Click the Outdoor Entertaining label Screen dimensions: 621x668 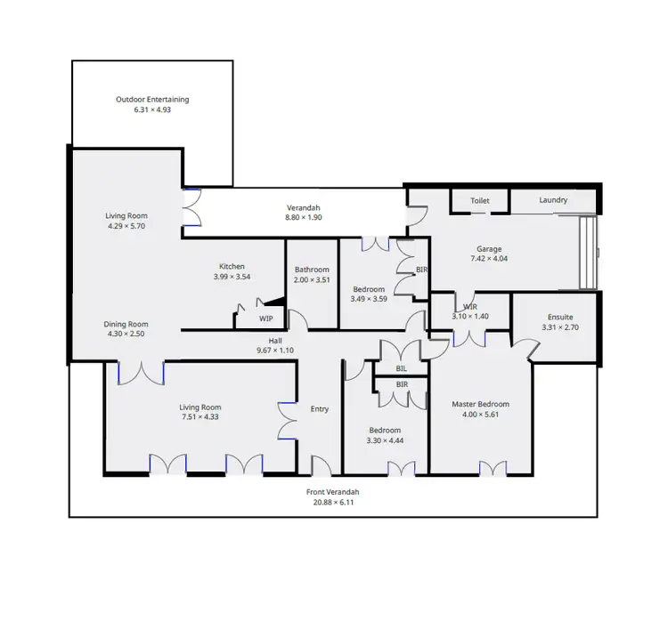152,100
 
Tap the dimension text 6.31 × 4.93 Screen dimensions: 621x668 152,110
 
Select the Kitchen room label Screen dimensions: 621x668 232,266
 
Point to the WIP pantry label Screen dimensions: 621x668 266,318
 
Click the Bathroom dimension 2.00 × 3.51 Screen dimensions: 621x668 312,280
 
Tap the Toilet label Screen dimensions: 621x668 480,201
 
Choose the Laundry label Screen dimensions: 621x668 553,200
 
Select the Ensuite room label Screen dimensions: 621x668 559,317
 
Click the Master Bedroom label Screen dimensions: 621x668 480,404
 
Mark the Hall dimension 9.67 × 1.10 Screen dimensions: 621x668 275,351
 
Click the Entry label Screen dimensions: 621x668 320,409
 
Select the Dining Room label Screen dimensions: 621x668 126,324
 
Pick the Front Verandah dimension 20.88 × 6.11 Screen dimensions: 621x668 335,503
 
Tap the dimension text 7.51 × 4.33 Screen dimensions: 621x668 200,417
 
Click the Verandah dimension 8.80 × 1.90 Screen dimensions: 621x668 303,218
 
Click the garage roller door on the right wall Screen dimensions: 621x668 588,253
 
